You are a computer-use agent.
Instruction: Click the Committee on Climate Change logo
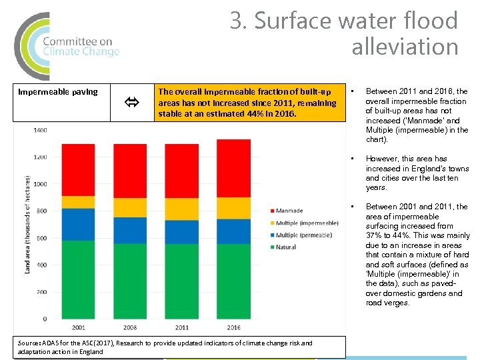(67, 45)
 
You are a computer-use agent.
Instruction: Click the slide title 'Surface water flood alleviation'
(344, 33)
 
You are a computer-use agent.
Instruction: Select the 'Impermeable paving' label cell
(58, 92)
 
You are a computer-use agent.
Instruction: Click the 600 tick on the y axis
(41, 238)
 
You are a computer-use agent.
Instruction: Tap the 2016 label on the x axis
(233, 328)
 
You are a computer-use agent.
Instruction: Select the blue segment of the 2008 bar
(129, 230)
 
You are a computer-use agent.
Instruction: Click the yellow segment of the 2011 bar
(181, 209)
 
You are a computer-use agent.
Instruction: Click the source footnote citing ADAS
(165, 347)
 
